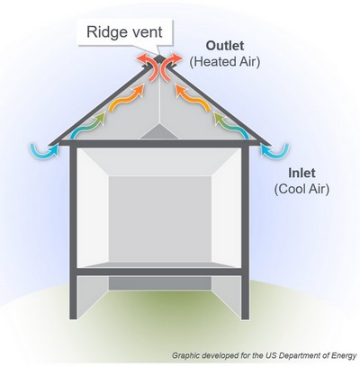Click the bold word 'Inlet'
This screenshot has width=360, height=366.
301,173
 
